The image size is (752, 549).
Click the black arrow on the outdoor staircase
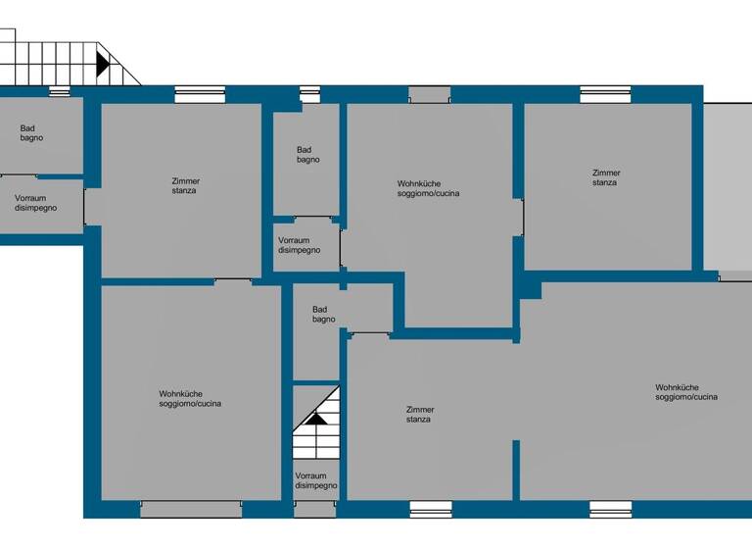point(103,65)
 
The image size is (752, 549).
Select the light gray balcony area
point(728,185)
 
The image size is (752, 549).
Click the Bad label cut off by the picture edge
point(31,133)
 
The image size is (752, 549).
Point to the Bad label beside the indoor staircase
point(324,314)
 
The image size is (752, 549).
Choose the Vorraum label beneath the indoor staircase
point(316,480)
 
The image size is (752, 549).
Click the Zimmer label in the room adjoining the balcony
point(606,177)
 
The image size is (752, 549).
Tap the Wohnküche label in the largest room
point(686,392)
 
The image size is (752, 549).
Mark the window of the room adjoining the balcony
point(605,94)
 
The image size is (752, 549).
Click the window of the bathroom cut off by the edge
point(60,92)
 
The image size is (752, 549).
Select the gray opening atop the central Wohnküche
point(429,94)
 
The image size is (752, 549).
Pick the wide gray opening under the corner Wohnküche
point(191,509)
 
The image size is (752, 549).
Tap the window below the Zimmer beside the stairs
point(431,509)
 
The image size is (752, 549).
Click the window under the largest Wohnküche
point(610,509)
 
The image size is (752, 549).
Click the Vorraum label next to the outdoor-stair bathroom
point(35,203)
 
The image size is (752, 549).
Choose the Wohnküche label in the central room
point(429,188)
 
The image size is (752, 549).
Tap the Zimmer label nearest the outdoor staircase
point(185,185)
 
